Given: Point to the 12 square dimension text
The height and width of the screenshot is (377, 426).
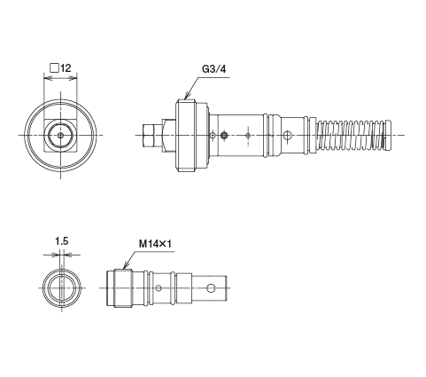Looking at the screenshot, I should (x=65, y=67).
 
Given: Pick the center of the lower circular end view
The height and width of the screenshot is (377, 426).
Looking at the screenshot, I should (x=61, y=288).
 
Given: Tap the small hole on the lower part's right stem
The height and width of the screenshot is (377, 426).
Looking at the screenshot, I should (x=212, y=288).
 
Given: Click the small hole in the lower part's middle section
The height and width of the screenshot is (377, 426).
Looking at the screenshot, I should (x=158, y=288).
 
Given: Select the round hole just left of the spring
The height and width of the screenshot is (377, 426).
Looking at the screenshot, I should (x=289, y=135).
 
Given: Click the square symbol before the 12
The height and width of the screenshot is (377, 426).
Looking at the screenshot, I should (x=54, y=67).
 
